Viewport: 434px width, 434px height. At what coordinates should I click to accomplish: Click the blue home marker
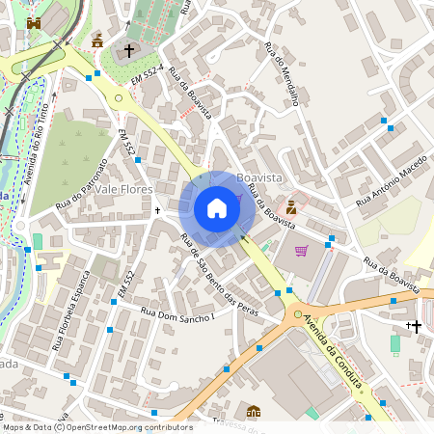point(217,208)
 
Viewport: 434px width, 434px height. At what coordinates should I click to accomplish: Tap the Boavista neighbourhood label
point(258,178)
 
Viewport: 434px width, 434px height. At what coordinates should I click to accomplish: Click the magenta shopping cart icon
point(302,251)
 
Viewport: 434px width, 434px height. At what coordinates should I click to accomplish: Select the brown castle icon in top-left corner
point(35,22)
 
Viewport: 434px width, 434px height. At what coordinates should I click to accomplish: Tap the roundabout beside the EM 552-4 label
point(119,96)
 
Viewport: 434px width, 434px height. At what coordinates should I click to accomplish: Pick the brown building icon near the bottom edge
point(254,412)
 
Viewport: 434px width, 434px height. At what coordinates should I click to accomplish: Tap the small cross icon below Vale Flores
point(158,209)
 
